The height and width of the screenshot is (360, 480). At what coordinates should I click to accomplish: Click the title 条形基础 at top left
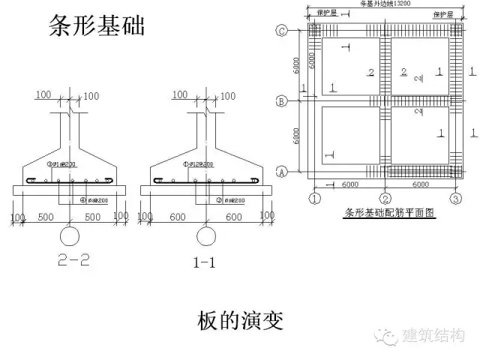(96, 28)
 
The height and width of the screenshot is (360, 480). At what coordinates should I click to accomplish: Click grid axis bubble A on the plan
(282, 172)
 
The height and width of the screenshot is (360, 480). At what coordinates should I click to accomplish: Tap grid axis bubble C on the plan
(282, 31)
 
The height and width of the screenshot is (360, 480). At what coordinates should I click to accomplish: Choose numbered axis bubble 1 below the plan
(315, 198)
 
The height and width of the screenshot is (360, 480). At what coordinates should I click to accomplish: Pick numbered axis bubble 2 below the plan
(385, 198)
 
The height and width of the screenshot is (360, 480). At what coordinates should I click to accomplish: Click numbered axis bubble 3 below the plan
(454, 198)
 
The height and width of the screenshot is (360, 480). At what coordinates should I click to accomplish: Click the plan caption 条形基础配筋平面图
(388, 212)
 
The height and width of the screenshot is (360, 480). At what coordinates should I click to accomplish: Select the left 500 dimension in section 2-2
(46, 217)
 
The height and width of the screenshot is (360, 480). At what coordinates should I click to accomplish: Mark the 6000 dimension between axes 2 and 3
(419, 184)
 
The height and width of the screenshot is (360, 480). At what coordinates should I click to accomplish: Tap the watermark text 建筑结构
(434, 335)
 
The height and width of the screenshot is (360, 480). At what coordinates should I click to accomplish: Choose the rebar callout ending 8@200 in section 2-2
(94, 200)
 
